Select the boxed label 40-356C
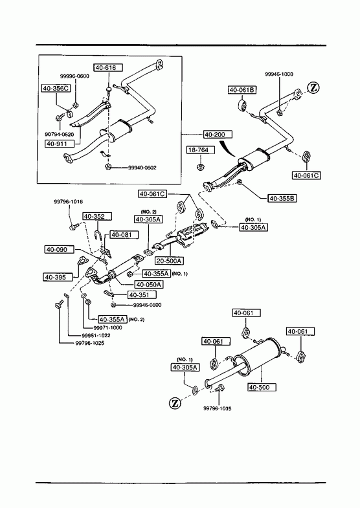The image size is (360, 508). coord(56,88)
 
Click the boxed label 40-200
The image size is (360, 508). coord(218,134)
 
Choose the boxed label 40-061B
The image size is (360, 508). coord(242,90)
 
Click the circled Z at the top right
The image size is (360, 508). coord(313,88)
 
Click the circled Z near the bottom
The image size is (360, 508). coord(175,403)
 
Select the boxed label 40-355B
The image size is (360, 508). coord(282,198)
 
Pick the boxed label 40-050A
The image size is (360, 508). coord(149,285)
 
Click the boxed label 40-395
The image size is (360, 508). coord(56,277)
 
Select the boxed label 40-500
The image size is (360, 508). coord(262,387)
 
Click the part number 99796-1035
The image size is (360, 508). coord(218,408)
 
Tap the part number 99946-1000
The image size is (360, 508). coord(279,74)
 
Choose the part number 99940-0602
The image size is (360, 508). coord(142,168)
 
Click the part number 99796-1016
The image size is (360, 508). coord(68,201)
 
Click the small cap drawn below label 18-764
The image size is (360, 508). coord(200,167)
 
